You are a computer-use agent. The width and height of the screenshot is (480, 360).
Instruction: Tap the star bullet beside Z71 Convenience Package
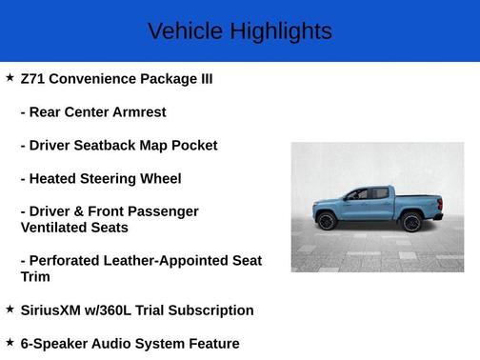pos(10,77)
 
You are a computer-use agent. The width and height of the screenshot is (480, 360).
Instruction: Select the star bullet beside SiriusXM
pos(10,309)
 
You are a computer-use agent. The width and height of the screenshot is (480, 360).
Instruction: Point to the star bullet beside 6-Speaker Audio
pos(10,342)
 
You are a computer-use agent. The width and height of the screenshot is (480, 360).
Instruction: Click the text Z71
pos(33,78)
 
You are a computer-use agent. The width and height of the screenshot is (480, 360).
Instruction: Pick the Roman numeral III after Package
pos(202,78)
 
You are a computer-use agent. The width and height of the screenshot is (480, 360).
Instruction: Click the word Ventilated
pos(58,228)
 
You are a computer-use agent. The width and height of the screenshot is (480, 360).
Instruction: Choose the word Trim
pos(36,277)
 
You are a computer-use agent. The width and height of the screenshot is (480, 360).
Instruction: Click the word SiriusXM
pos(57,310)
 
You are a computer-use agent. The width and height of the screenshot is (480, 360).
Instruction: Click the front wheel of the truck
pos(327,221)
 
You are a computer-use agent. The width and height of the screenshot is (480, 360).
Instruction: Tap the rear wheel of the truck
pos(411,222)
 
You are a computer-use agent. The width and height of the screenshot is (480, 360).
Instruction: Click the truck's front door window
pos(359,194)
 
